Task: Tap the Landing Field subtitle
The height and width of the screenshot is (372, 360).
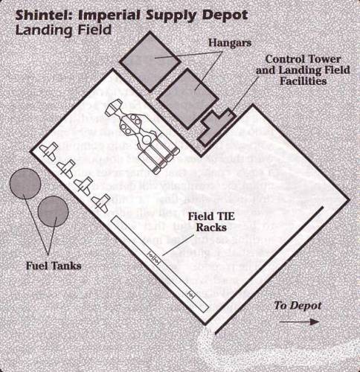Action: pos(63,31)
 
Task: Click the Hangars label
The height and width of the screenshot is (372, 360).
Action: pos(230,43)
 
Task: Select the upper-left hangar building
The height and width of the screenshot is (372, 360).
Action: pos(150,61)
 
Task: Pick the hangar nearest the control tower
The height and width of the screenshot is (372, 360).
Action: pos(188,99)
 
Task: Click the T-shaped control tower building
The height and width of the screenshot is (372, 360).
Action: pos(215,126)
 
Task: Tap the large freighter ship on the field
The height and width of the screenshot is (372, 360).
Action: pos(142,136)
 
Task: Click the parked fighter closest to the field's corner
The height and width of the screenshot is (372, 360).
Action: pos(49,151)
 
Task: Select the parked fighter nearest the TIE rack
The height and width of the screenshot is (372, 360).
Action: pos(101,203)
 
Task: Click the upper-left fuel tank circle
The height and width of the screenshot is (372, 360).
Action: pos(25,184)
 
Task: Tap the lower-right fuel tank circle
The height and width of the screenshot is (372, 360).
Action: pos(53,211)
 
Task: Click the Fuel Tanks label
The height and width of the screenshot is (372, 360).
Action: pos(54,266)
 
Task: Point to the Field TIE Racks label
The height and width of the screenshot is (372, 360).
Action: pos(211,222)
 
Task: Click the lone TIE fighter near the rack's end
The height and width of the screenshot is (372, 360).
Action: pos(190,295)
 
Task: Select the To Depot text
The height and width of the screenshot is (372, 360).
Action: pos(298,306)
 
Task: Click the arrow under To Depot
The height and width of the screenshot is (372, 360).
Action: pos(299,322)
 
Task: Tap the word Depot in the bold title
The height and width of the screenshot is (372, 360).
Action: pos(225,16)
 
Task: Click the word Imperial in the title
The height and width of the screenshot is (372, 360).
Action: pos(110,16)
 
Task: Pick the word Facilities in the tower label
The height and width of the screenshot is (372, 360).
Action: pos(303,81)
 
